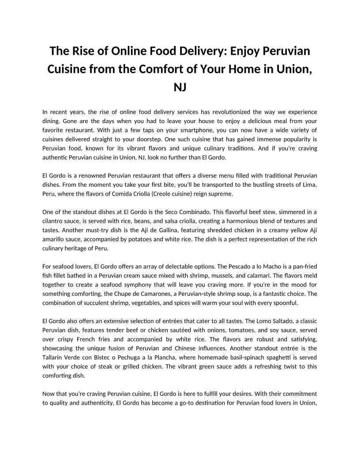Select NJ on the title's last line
[x=180, y=87]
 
